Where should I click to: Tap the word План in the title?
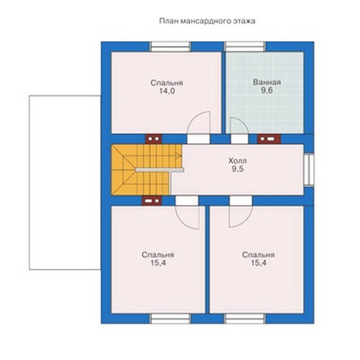[168, 21]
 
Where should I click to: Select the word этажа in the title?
[244, 21]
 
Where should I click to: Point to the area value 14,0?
[167, 91]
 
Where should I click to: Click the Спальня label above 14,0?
[167, 83]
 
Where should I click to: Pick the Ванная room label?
[267, 82]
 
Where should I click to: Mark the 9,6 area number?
[267, 91]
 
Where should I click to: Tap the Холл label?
[238, 161]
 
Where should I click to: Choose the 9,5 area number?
[238, 169]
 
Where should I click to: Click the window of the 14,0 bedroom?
[171, 47]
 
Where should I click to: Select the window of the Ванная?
[245, 47]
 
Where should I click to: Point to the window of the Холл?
[309, 170]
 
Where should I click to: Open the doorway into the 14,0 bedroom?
[199, 139]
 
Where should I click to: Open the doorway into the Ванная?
[240, 139]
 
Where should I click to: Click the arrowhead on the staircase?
[179, 156]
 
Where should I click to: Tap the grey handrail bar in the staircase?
[160, 170]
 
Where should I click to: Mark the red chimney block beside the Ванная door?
[269, 139]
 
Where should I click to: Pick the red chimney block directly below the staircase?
[152, 201]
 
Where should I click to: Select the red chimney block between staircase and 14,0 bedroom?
[154, 139]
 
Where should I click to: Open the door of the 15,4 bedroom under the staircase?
[187, 201]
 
